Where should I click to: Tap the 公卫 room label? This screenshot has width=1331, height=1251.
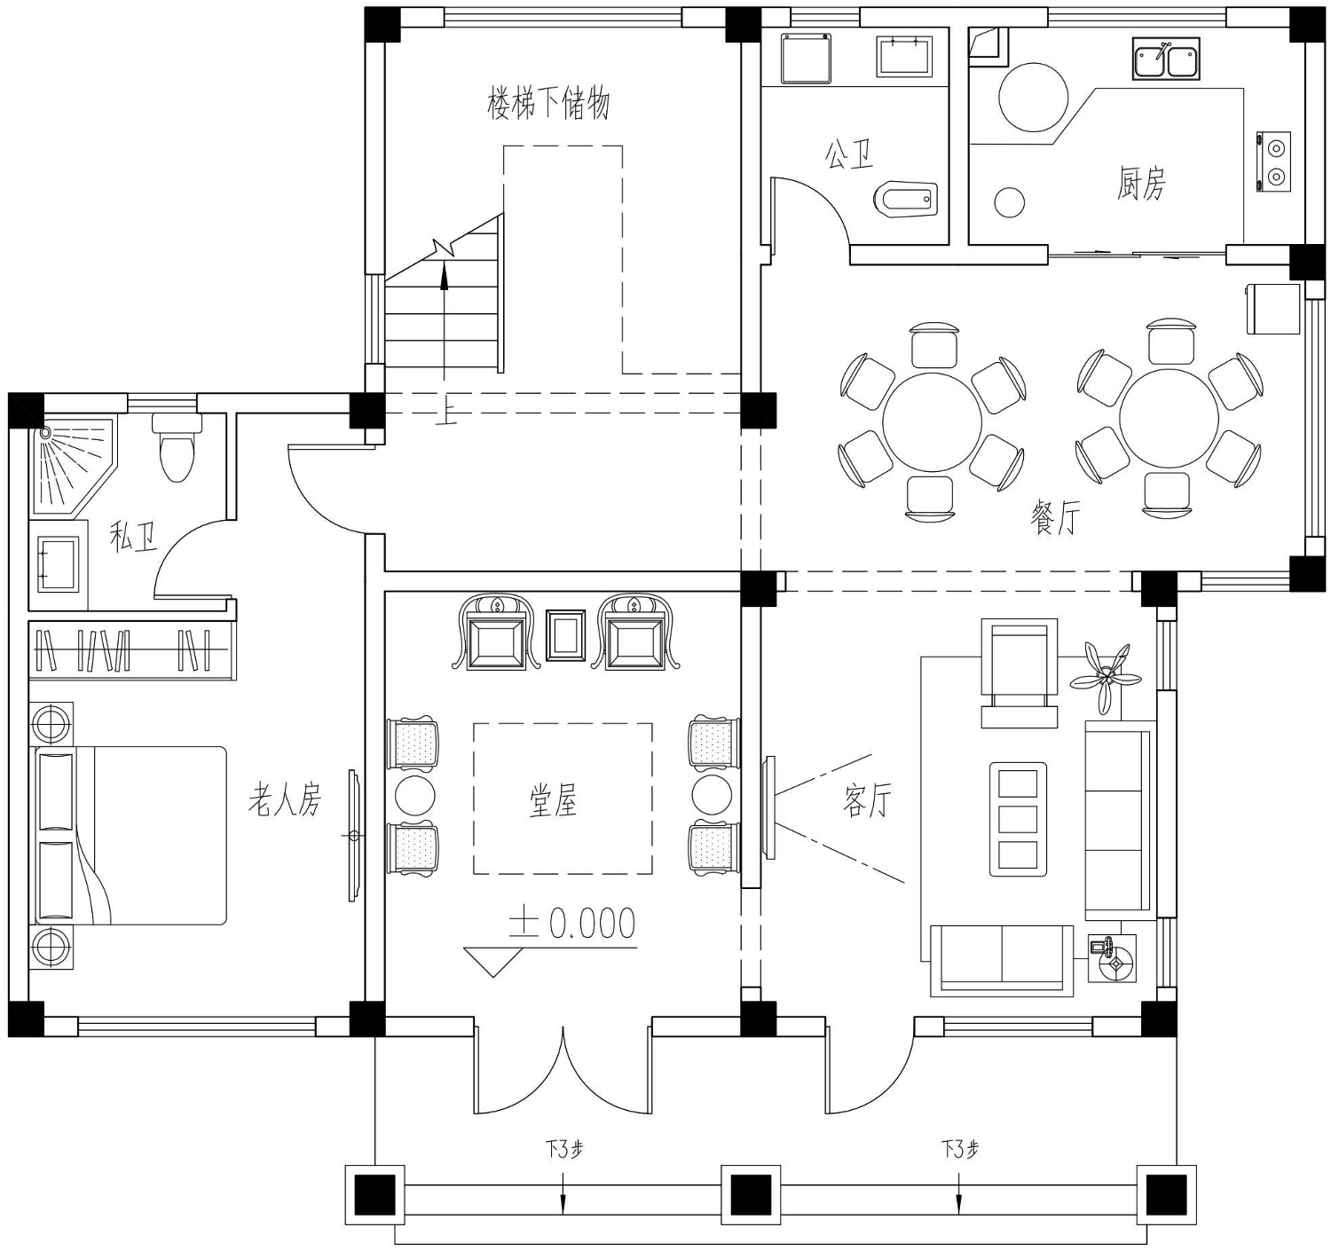pyautogui.click(x=849, y=154)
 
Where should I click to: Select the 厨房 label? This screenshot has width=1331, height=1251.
pyautogui.click(x=1141, y=183)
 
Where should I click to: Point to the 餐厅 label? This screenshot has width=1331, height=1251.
pyautogui.click(x=1055, y=519)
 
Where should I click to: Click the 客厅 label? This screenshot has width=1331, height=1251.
pyautogui.click(x=867, y=800)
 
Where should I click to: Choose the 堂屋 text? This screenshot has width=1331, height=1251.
pyautogui.click(x=553, y=800)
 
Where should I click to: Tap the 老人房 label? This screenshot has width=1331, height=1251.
pyautogui.click(x=285, y=799)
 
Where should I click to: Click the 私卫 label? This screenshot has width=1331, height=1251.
pyautogui.click(x=133, y=537)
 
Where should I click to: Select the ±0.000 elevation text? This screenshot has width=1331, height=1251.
pyautogui.click(x=571, y=923)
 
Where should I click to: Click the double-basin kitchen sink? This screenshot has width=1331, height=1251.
pyautogui.click(x=1166, y=59)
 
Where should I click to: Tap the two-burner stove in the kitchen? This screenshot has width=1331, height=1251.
pyautogui.click(x=1274, y=161)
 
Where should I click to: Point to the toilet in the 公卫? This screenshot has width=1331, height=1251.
pyautogui.click(x=905, y=199)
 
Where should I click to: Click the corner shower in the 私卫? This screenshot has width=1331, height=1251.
pyautogui.click(x=73, y=465)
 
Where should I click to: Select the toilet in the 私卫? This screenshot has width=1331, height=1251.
pyautogui.click(x=177, y=447)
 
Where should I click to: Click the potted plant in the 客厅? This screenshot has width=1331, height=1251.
pyautogui.click(x=1104, y=676)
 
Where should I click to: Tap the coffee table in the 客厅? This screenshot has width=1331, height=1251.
pyautogui.click(x=1018, y=819)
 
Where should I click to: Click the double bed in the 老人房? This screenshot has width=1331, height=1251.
pyautogui.click(x=128, y=836)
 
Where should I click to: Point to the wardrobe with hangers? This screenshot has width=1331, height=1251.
pyautogui.click(x=132, y=649)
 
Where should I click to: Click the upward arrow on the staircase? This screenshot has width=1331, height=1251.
pyautogui.click(x=444, y=322)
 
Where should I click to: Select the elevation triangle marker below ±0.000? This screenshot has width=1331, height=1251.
pyautogui.click(x=493, y=962)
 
